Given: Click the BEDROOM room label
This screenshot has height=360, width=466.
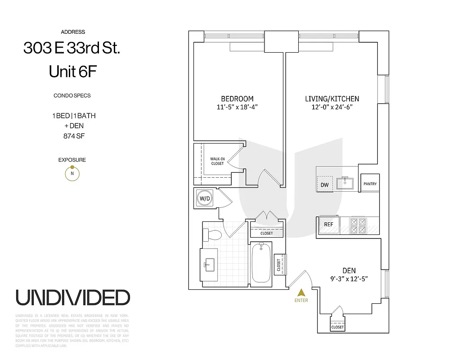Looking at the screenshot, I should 237,99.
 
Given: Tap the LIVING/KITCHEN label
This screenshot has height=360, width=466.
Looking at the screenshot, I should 332,99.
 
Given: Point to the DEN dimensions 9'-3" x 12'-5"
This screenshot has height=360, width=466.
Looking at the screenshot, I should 349,279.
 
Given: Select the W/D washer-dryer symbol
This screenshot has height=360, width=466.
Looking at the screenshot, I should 204,198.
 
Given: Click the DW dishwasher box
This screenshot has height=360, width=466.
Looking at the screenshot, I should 324,185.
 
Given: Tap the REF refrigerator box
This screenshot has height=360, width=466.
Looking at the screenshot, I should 328,224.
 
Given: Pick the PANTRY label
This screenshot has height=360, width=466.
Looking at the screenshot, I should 370,184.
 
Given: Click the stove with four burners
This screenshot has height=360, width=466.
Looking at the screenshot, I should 358,225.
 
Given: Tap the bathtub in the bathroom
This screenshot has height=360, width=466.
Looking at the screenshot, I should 261,263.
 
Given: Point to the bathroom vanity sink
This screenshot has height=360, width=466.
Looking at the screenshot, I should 209,265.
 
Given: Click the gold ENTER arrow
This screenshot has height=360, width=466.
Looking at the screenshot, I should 301,292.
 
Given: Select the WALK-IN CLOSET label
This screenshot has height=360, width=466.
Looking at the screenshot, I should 217,161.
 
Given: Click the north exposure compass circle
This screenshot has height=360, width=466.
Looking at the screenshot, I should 72,173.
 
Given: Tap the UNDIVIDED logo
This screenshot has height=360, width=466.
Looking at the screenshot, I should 73,297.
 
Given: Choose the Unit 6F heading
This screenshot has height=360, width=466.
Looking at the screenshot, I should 72,71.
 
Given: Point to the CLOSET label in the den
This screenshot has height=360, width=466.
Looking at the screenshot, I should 337,327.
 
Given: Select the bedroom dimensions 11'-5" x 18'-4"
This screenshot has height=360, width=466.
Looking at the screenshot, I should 237,107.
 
